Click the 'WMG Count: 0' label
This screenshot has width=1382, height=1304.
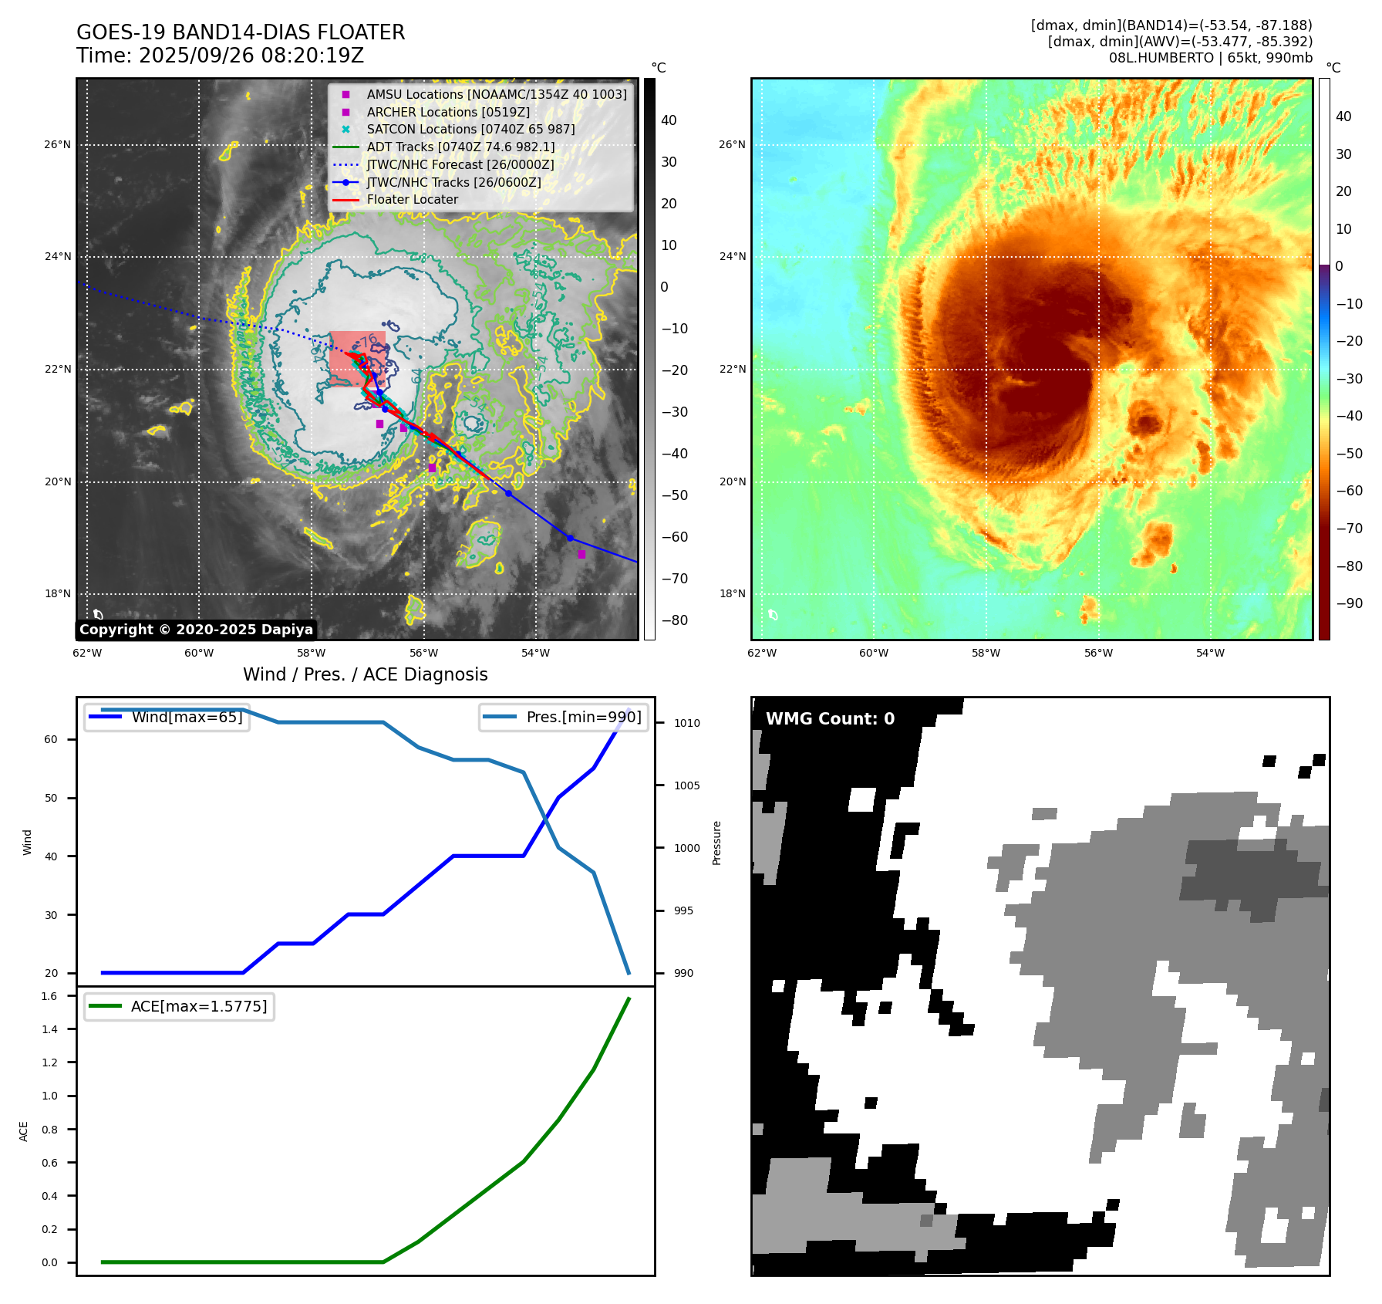click(x=830, y=719)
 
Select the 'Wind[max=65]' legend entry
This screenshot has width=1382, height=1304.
click(x=187, y=717)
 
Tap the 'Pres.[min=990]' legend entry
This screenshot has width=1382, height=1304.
click(x=583, y=717)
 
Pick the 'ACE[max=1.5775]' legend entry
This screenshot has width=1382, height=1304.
click(x=199, y=1006)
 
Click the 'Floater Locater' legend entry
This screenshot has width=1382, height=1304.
click(x=412, y=199)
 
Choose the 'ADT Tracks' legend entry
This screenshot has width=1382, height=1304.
click(x=460, y=147)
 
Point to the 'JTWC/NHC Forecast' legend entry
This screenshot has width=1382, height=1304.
click(x=460, y=164)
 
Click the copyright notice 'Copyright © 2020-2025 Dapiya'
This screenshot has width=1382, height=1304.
click(x=196, y=630)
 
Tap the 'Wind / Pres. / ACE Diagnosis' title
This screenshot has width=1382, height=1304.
click(x=365, y=674)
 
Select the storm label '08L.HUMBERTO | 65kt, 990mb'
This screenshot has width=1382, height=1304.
click(x=1210, y=58)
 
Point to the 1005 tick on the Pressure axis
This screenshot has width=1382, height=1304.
click(x=686, y=785)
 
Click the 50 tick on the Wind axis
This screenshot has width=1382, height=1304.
click(x=51, y=798)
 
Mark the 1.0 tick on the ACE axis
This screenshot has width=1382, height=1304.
click(x=49, y=1096)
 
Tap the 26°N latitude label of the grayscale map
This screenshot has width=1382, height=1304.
click(x=57, y=144)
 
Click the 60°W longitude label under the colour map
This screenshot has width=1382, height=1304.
click(x=874, y=653)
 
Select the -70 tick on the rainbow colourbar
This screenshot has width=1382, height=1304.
click(x=1349, y=529)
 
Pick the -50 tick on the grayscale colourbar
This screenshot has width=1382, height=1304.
click(x=674, y=495)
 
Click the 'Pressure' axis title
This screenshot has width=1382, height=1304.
click(x=716, y=843)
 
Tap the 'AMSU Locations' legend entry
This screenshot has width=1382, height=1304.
click(x=496, y=94)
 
